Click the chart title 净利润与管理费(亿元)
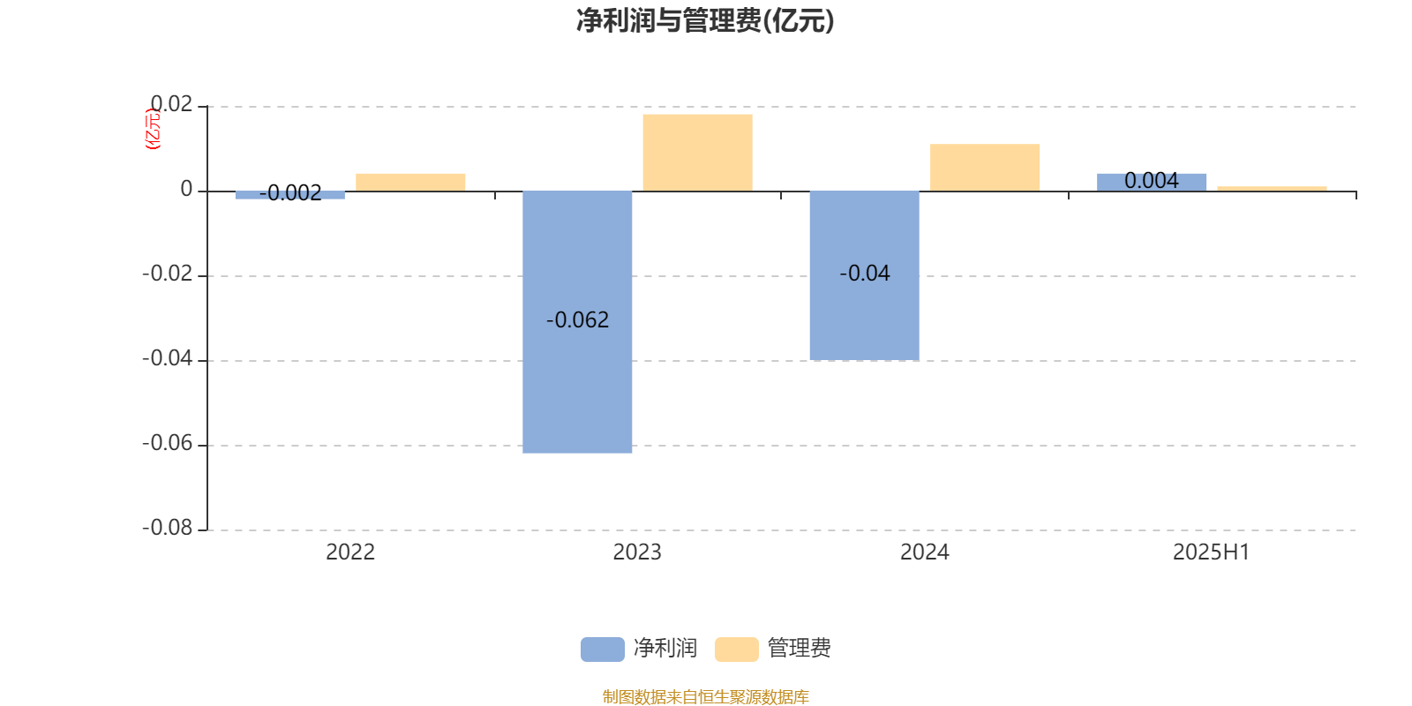(x=705, y=21)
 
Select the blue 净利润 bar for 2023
(x=577, y=321)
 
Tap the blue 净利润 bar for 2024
(x=864, y=275)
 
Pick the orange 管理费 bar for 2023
(x=698, y=153)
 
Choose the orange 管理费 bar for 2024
(x=985, y=167)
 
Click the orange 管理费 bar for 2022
(x=410, y=182)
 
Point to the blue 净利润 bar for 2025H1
(x=1152, y=182)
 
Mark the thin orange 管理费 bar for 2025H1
(x=1272, y=189)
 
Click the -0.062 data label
(x=577, y=320)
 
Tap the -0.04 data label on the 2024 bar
(x=865, y=274)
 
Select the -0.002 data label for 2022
(x=290, y=193)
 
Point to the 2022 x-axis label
(x=350, y=552)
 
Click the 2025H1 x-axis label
(x=1212, y=552)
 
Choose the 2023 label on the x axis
(x=637, y=552)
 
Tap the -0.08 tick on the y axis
(x=168, y=529)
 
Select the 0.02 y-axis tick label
(x=171, y=104)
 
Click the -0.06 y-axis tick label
(x=168, y=444)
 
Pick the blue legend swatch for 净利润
(x=603, y=650)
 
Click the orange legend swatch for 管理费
(x=736, y=650)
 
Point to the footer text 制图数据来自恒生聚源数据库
(x=705, y=696)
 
